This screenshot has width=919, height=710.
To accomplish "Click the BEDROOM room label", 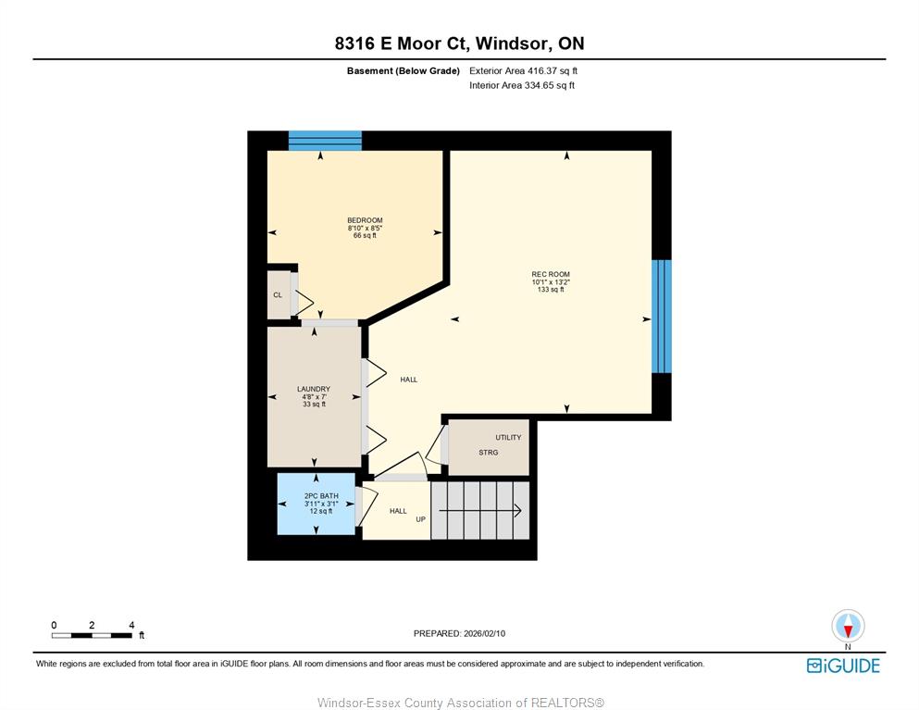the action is pyautogui.click(x=365, y=220).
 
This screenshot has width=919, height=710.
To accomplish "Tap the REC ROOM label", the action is pyautogui.click(x=551, y=274).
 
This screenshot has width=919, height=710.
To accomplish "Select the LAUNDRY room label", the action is pyautogui.click(x=314, y=389).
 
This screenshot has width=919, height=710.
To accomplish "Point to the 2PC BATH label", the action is pyautogui.click(x=321, y=496).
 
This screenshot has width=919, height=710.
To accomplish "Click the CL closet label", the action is pyautogui.click(x=278, y=295).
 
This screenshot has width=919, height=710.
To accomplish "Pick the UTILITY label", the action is pyautogui.click(x=508, y=437).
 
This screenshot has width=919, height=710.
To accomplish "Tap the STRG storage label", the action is pyautogui.click(x=489, y=453).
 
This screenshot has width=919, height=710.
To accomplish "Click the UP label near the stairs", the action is pyautogui.click(x=421, y=519).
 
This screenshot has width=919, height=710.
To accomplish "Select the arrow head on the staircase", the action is pyautogui.click(x=518, y=511).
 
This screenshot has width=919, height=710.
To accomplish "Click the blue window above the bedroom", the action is pyautogui.click(x=325, y=141).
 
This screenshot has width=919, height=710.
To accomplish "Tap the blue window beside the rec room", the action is pyautogui.click(x=662, y=317).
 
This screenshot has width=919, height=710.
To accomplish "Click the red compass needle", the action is pyautogui.click(x=848, y=630).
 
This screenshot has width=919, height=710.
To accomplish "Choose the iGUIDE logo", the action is pyautogui.click(x=843, y=666).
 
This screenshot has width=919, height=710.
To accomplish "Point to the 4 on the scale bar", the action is pyautogui.click(x=131, y=625).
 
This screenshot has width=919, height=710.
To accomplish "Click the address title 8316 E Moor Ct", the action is pyautogui.click(x=402, y=44).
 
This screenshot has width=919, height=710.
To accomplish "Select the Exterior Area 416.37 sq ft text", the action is pyautogui.click(x=524, y=71).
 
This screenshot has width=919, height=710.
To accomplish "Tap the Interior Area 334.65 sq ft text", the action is pyautogui.click(x=522, y=85).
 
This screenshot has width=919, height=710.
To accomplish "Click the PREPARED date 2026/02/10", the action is pyautogui.click(x=484, y=634).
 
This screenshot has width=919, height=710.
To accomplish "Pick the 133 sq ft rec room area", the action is pyautogui.click(x=551, y=290).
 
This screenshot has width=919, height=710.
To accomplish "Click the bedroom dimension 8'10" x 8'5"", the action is pyautogui.click(x=365, y=228).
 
